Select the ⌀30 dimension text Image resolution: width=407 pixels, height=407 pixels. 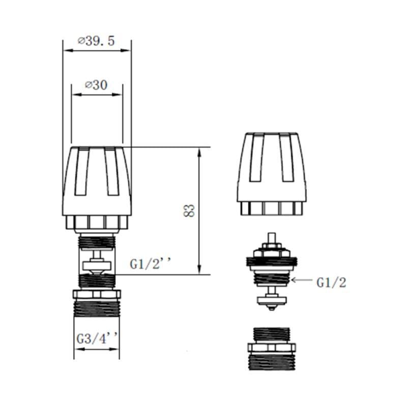pos(96,85)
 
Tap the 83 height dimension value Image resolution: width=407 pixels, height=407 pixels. pos(189,211)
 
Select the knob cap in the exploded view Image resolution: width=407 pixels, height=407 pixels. pos(274,173)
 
